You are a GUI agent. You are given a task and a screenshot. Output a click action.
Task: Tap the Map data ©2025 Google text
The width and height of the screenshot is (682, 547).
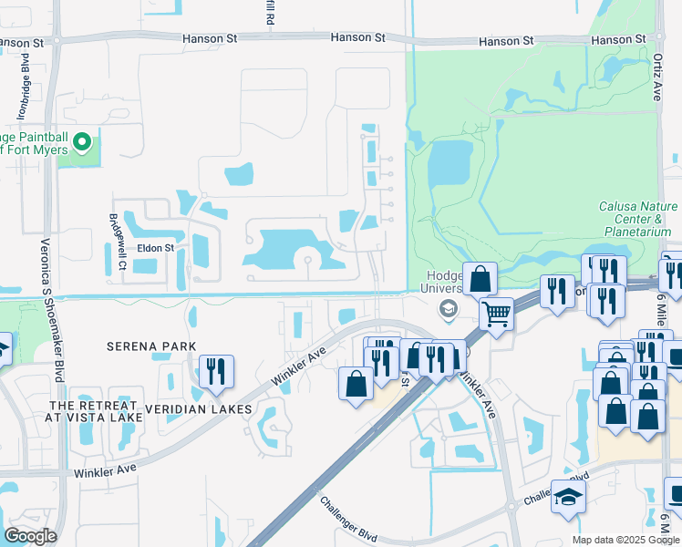[x=626, y=540]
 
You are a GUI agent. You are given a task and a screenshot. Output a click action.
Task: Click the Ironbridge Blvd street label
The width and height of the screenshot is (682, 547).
[x=25, y=92]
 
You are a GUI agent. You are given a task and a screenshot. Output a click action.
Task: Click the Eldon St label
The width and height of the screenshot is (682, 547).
[x=156, y=248]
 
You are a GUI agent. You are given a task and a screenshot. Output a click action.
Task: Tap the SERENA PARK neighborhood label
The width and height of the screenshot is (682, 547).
[x=151, y=346]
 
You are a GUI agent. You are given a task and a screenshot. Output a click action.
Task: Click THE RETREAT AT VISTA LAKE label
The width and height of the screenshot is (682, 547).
[x=96, y=411]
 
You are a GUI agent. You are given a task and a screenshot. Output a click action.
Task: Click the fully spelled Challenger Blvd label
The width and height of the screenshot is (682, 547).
[x=347, y=515]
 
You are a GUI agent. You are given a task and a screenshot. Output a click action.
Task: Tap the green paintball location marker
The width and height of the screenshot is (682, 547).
[x=82, y=142]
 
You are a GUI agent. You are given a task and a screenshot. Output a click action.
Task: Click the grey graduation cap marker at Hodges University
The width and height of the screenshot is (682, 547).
[x=448, y=311]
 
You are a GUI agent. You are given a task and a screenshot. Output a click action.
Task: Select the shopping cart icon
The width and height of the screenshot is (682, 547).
[x=496, y=314]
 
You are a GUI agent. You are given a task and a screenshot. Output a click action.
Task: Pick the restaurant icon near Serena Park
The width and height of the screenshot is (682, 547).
[x=216, y=370]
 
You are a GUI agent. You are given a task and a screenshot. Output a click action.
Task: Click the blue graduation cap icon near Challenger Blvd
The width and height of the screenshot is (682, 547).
[x=568, y=497]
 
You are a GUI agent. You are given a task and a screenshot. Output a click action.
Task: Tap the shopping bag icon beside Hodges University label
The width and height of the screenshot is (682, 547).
[x=480, y=277]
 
